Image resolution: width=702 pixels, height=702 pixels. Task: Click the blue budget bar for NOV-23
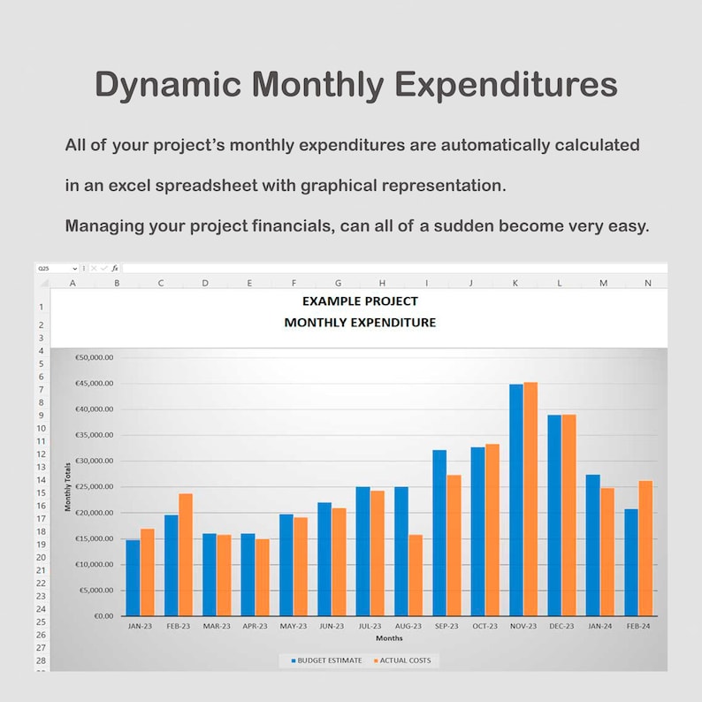(515, 500)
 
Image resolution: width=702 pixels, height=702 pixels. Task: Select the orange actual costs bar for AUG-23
(416, 575)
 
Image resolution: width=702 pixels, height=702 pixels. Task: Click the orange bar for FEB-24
(645, 548)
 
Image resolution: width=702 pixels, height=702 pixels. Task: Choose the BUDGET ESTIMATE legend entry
(324, 660)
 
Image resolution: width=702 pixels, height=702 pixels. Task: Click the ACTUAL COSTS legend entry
(401, 660)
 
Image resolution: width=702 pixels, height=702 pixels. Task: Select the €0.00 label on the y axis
(103, 615)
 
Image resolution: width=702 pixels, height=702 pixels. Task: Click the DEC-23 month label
(561, 626)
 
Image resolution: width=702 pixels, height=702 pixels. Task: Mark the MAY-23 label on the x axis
(293, 626)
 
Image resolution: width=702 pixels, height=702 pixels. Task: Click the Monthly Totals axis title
(68, 486)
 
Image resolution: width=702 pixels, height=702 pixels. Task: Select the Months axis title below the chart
(389, 637)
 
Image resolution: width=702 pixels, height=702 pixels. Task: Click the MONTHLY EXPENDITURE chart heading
(360, 323)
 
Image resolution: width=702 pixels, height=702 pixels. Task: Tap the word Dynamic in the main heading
(168, 85)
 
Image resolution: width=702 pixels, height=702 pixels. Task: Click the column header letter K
(515, 283)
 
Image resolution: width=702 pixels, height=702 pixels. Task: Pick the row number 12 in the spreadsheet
(42, 454)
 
